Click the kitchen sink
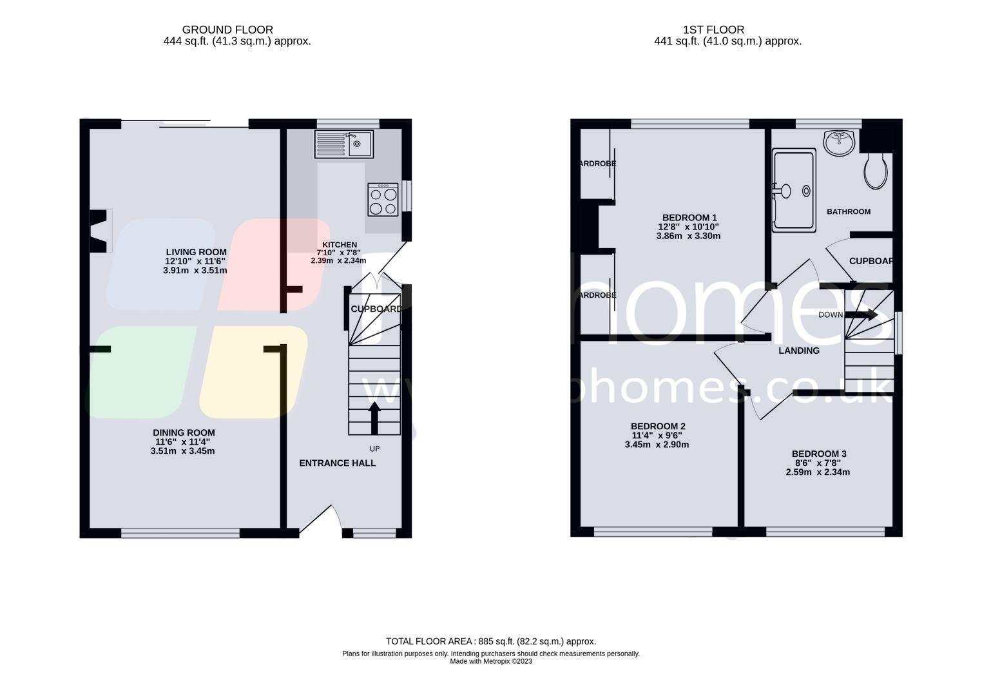(x=343, y=144)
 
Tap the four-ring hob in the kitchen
(x=383, y=200)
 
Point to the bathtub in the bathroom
(x=794, y=190)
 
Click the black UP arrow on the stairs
(x=374, y=418)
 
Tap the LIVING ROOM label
(x=196, y=252)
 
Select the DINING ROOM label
(x=184, y=432)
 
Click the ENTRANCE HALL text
(x=337, y=463)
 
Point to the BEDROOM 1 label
(x=689, y=218)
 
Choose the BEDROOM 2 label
(x=657, y=426)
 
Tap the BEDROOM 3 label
(x=818, y=454)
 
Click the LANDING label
(x=798, y=351)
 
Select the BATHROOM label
(x=848, y=211)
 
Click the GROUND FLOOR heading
(x=227, y=30)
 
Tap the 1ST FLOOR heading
(x=713, y=30)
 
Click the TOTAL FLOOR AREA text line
(x=490, y=641)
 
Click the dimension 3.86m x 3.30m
(x=688, y=236)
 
